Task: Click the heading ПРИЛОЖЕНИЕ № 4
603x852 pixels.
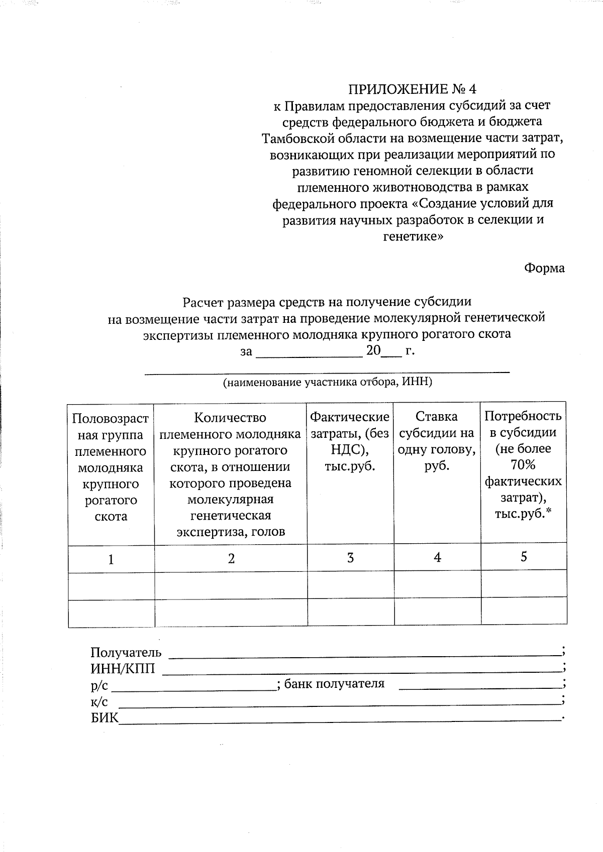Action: (412, 89)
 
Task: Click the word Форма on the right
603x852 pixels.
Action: (544, 268)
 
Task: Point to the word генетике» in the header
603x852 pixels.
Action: (413, 236)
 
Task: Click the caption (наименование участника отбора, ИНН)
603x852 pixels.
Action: (328, 382)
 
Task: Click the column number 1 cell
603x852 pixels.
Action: (111, 559)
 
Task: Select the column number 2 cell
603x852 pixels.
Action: (231, 558)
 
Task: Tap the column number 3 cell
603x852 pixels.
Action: (350, 558)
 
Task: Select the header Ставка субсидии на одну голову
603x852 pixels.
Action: (437, 441)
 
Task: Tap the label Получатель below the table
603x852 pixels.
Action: (126, 652)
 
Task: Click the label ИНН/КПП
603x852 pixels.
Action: (123, 668)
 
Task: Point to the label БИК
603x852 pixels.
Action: (105, 717)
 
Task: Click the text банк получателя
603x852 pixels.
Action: (334, 683)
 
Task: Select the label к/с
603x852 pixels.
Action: (99, 701)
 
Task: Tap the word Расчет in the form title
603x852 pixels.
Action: (203, 302)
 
